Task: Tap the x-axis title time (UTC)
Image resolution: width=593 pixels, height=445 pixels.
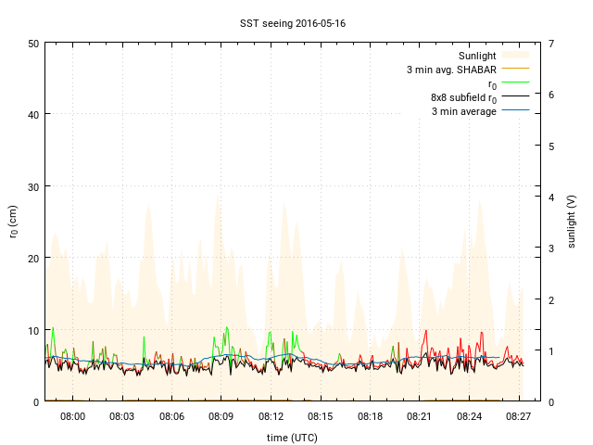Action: click(x=291, y=437)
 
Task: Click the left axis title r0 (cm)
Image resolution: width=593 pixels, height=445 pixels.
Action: click(x=14, y=222)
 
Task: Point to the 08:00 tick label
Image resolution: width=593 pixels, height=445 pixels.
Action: click(x=72, y=417)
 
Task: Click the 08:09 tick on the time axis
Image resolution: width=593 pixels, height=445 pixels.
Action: click(x=221, y=417)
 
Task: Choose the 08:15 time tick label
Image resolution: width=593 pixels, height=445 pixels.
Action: click(x=321, y=417)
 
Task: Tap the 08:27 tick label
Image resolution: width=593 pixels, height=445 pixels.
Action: click(x=519, y=417)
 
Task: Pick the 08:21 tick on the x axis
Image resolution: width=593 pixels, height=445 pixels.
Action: click(x=420, y=417)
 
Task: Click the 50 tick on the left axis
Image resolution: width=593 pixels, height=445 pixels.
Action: click(x=32, y=44)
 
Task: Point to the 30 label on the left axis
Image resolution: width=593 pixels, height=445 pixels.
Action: click(x=32, y=186)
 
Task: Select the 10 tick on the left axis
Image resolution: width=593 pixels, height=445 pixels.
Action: click(x=32, y=330)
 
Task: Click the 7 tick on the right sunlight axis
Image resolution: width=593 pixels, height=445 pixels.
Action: click(x=551, y=44)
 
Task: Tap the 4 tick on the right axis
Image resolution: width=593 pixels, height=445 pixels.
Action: click(x=551, y=197)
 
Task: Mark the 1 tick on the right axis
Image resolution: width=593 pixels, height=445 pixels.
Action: click(x=551, y=350)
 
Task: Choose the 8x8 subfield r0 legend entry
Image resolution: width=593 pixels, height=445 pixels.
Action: click(x=463, y=97)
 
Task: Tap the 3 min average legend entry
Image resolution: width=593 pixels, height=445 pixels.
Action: click(x=464, y=111)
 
